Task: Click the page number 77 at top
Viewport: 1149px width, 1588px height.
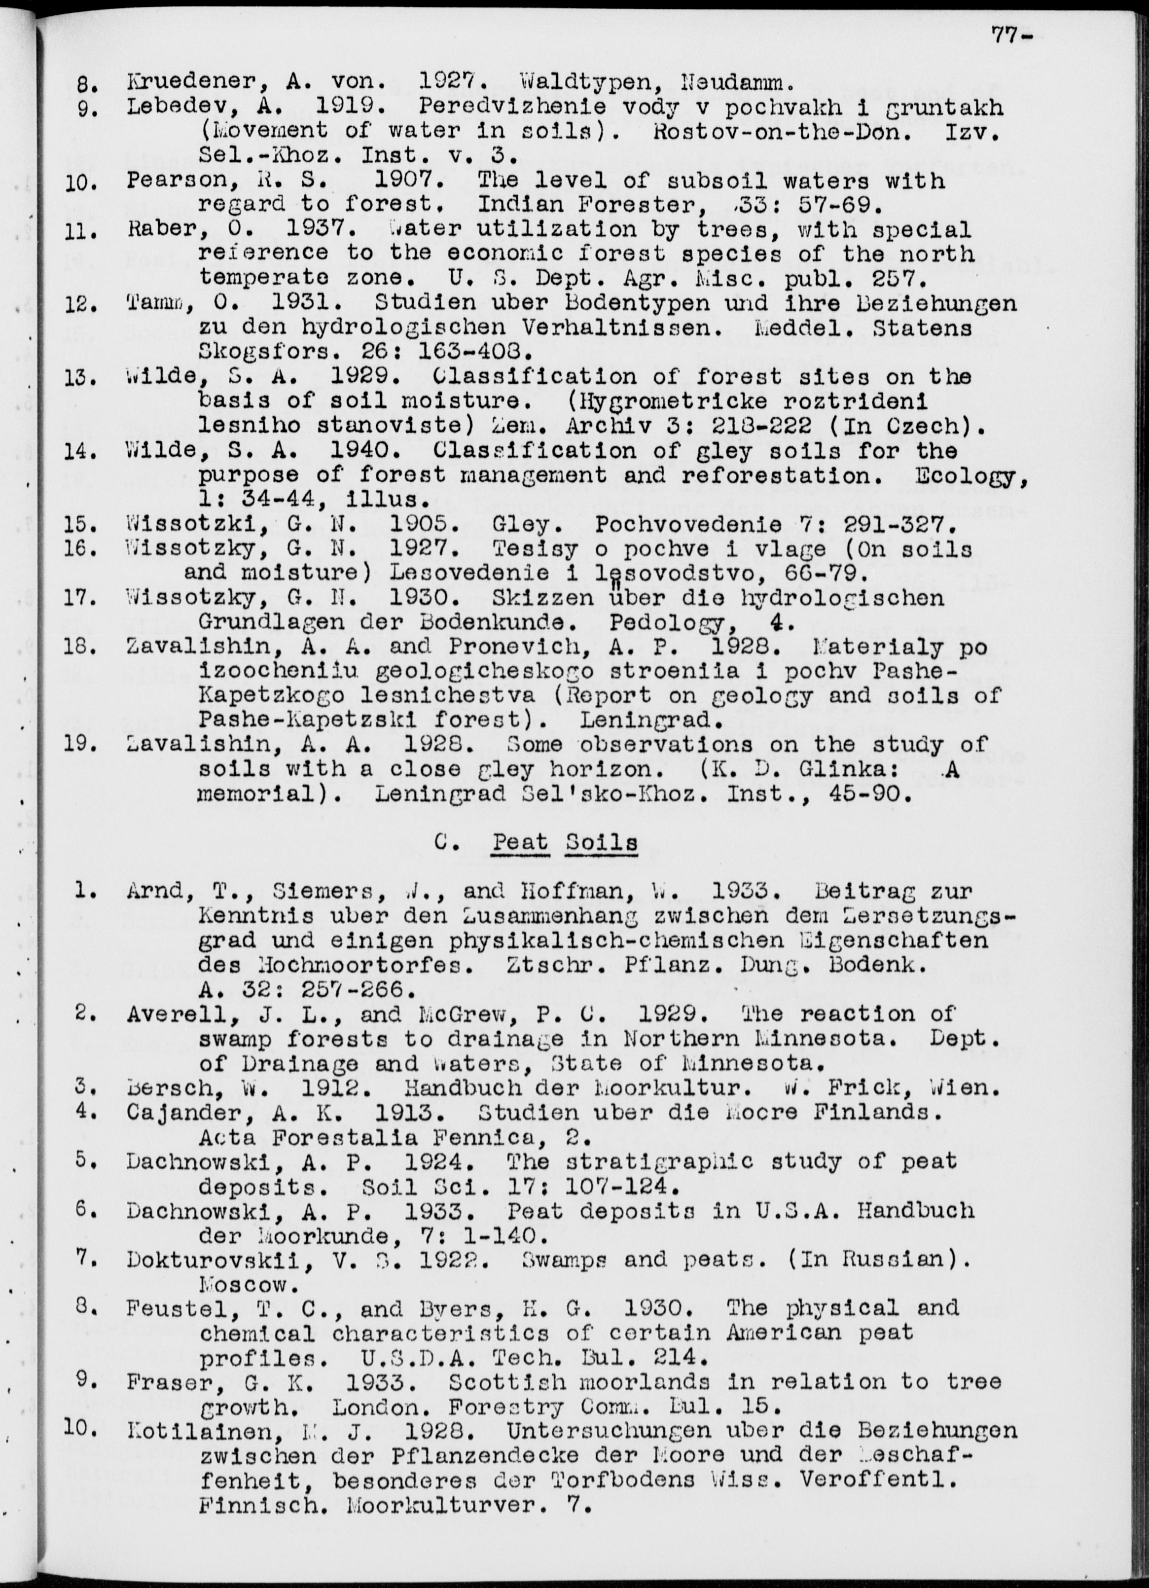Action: coord(1006,35)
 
